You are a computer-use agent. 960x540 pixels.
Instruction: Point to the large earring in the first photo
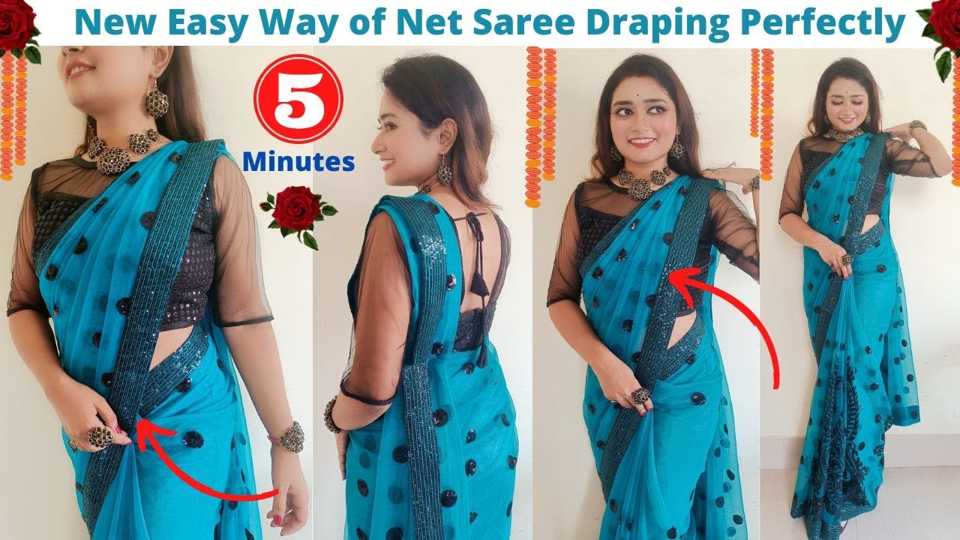[x=156, y=99]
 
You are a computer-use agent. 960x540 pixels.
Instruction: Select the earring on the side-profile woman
[x=444, y=172]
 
